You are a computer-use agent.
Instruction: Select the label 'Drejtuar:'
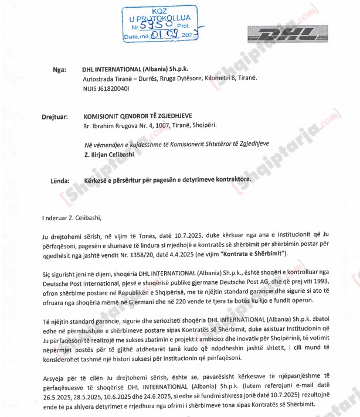click(48, 117)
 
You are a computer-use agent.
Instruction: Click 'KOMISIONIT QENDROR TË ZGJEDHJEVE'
click(144, 116)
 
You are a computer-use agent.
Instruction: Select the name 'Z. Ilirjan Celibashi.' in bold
click(110, 154)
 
